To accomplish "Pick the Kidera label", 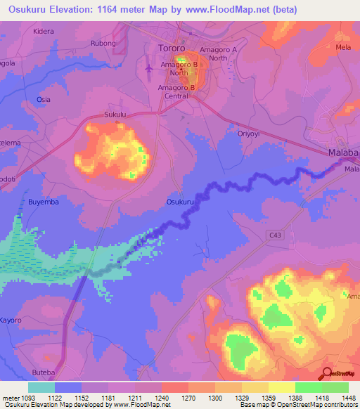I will tap(43, 32).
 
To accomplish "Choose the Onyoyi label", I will tap(249, 134).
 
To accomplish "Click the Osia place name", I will tap(44, 99).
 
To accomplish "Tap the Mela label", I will tap(343, 47).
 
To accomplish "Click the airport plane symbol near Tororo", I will tap(148, 68).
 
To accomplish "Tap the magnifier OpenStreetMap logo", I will tap(326, 374).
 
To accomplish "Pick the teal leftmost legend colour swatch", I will tap(41, 387).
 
